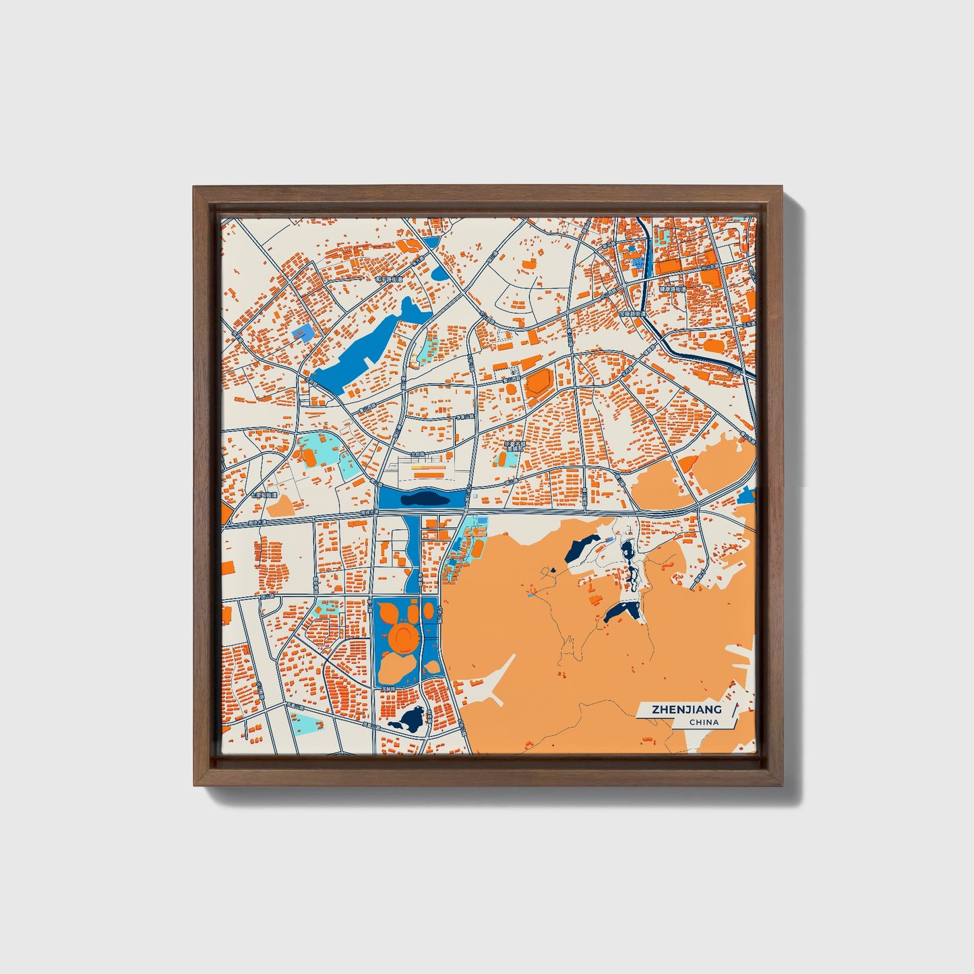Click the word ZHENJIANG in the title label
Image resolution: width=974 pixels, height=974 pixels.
pos(686,709)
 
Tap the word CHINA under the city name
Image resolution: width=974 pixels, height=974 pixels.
pos(704,723)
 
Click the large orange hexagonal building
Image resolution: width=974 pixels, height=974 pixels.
pos(539,382)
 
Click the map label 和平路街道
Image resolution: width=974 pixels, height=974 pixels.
pos(388,279)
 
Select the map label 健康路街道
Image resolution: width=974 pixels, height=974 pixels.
pos(672,289)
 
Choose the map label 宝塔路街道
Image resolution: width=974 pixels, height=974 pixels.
pos(632,313)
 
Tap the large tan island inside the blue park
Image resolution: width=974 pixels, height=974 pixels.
pos(398,667)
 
